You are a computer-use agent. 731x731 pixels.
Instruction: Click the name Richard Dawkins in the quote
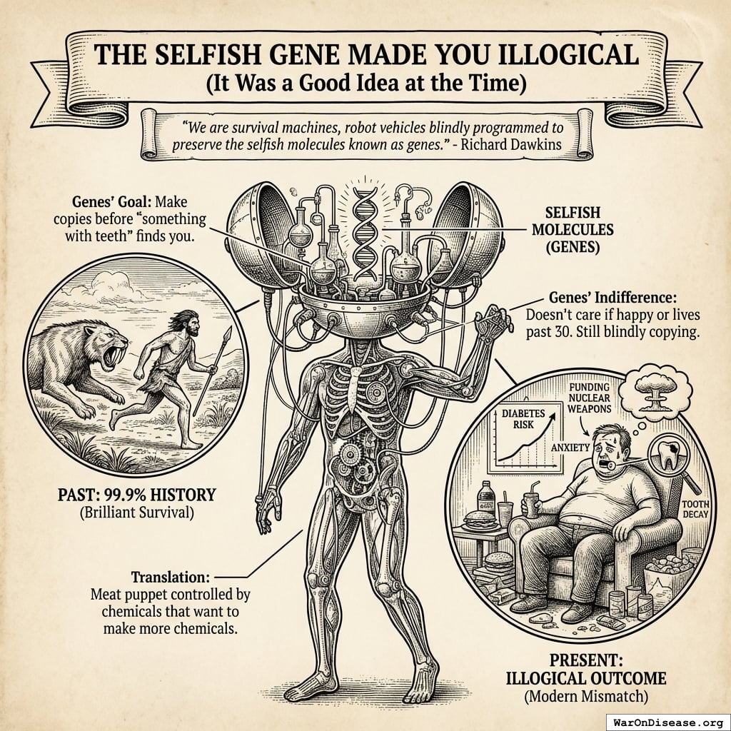coord(511,144)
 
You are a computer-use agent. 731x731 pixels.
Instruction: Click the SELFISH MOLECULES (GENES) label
coord(573,229)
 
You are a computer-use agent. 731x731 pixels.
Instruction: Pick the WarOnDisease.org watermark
coord(668,722)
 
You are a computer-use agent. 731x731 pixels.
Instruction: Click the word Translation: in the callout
coord(171,577)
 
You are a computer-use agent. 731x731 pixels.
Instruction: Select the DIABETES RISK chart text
coord(523,419)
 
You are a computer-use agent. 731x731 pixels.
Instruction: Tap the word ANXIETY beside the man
coord(570,448)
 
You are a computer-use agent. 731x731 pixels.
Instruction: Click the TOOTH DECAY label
coord(695,508)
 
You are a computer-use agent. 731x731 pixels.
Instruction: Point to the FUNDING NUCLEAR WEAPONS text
coord(589,398)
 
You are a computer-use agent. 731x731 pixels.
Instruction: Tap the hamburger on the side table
coord(480,520)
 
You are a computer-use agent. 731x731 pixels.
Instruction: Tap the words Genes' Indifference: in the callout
coord(612,298)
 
